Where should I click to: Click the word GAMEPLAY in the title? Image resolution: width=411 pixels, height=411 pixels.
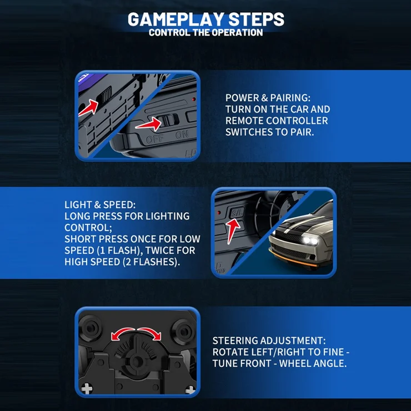[x=176, y=19]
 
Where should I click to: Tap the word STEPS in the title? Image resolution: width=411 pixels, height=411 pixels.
[x=257, y=19]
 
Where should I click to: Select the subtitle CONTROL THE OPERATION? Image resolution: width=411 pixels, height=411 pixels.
[x=205, y=33]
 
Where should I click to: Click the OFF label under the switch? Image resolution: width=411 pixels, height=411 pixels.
[x=155, y=139]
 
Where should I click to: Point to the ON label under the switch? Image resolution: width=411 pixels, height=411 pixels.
[x=182, y=135]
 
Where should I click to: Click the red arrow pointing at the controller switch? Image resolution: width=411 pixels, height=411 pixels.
[x=149, y=124]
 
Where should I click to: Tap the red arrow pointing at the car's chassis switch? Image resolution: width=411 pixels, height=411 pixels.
[x=89, y=107]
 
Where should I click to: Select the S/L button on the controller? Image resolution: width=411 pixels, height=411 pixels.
[x=237, y=212]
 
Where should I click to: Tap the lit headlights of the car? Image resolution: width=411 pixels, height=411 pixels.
[x=310, y=240]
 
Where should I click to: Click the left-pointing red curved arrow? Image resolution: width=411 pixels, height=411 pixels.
[x=122, y=333]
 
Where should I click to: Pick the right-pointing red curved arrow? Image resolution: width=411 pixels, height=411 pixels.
[x=149, y=333]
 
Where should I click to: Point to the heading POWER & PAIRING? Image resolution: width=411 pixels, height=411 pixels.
[x=268, y=98]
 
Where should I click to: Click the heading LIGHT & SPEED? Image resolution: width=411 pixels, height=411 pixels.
[x=100, y=205]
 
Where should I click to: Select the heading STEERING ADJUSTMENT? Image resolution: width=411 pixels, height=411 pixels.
[x=269, y=340]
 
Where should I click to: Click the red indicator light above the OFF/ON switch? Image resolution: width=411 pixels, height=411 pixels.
[x=194, y=99]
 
